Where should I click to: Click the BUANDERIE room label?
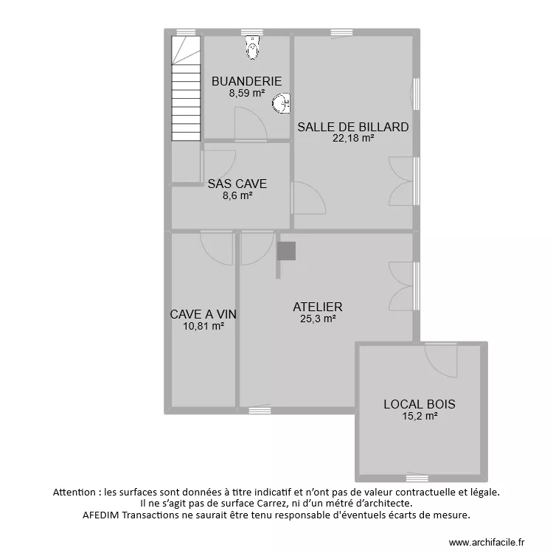(x=246, y=81)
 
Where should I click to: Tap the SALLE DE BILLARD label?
(x=352, y=127)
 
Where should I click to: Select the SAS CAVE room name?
(x=237, y=184)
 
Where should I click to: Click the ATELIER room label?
(x=317, y=307)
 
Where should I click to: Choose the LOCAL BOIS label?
(x=419, y=404)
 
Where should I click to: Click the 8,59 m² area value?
(x=246, y=94)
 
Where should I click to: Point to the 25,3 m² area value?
(x=318, y=319)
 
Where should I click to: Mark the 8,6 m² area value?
(x=237, y=196)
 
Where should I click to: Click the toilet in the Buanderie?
(x=253, y=48)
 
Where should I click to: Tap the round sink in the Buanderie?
(x=281, y=105)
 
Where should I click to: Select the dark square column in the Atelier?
(x=286, y=251)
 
